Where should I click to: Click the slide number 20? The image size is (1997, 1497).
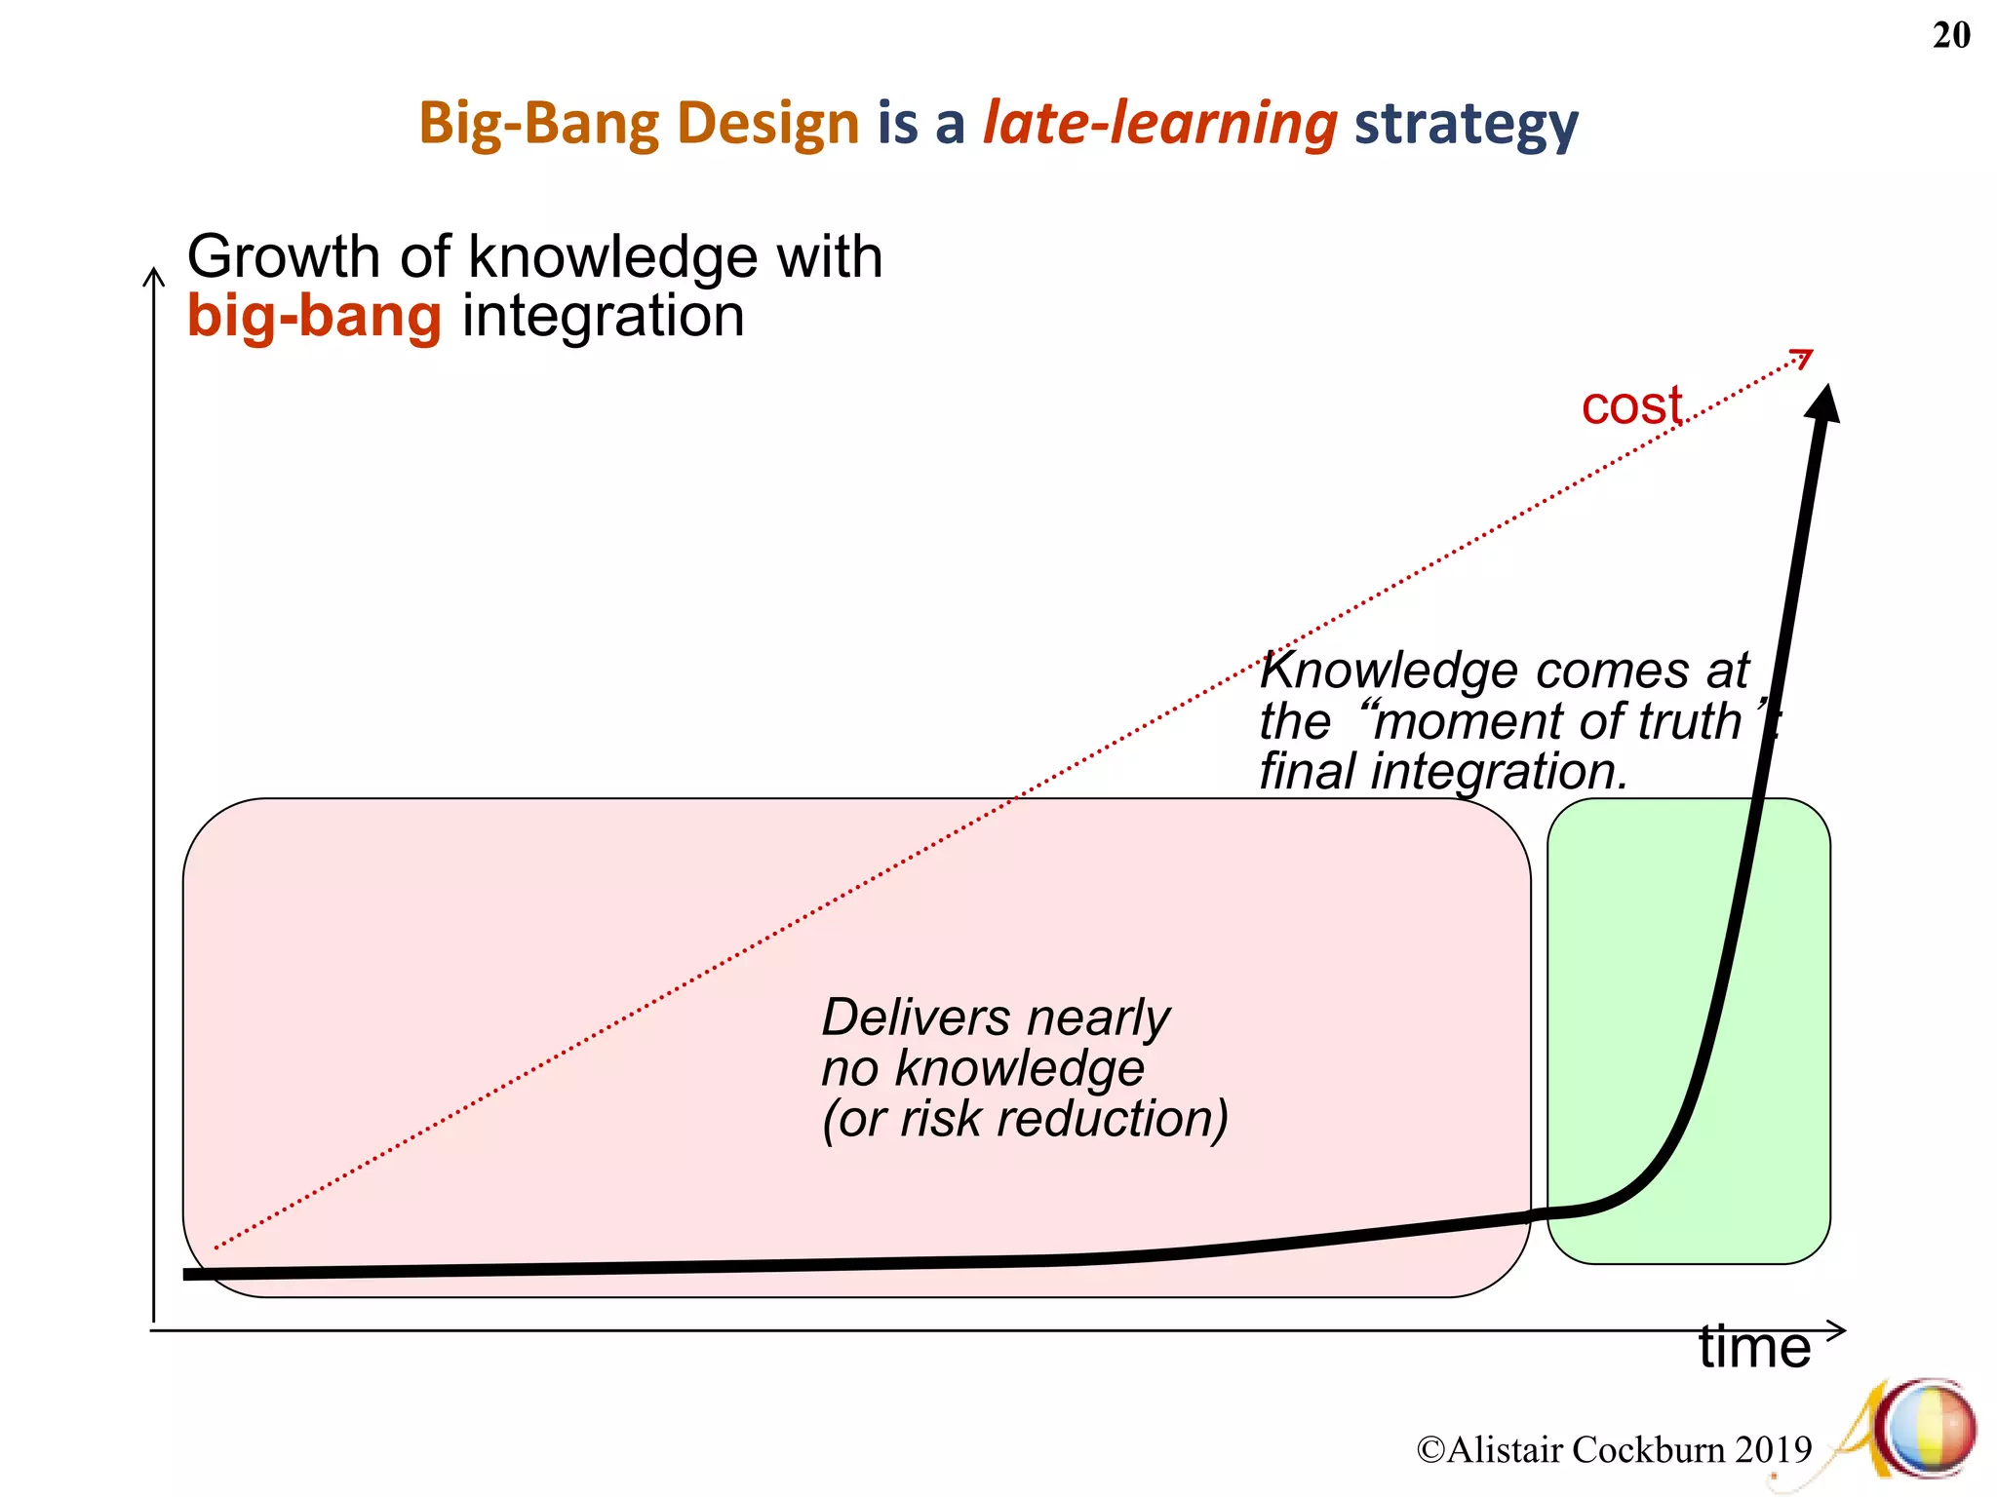click(1950, 36)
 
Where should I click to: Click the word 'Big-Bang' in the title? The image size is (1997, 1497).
click(539, 124)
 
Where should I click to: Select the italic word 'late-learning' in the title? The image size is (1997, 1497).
click(1159, 124)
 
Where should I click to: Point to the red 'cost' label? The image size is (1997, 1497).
click(1631, 405)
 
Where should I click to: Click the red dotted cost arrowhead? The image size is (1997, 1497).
click(1803, 358)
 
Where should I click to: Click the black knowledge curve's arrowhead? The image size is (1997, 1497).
click(1822, 403)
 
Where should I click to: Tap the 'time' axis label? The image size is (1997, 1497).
click(1754, 1348)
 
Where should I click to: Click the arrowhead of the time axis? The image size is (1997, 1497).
click(1837, 1330)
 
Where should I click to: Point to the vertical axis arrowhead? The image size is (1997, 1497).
click(154, 277)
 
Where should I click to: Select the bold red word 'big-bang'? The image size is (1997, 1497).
click(314, 317)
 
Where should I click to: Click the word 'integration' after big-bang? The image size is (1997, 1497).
click(603, 317)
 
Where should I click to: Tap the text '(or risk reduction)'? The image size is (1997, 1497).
click(1024, 1118)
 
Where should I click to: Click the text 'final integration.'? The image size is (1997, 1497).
click(1443, 771)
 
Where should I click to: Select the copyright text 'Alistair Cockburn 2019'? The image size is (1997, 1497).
click(1626, 1449)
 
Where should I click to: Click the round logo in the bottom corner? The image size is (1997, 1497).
click(1929, 1430)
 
